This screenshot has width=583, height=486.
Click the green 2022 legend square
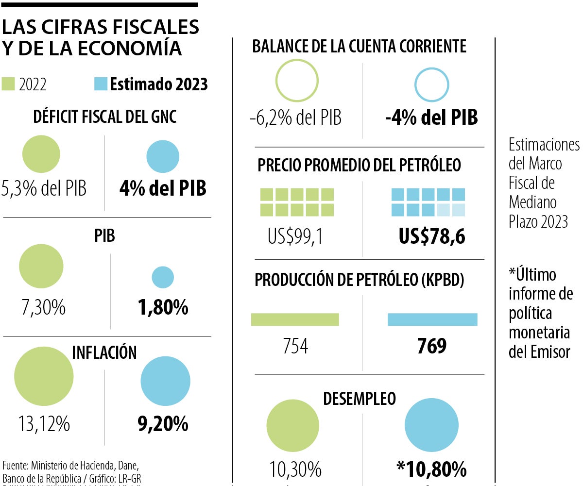coord(9,84)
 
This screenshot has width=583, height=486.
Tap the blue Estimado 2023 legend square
coord(100,84)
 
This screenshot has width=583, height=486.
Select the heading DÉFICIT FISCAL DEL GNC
coord(104,117)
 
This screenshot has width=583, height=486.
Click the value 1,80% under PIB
coord(163,307)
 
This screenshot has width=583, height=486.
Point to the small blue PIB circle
coord(163,277)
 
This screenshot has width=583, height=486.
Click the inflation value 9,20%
coord(163,425)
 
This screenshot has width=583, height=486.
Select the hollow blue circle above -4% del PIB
coord(431,84)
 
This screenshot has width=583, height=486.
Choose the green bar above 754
coord(295,319)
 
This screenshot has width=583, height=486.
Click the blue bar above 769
coord(432,319)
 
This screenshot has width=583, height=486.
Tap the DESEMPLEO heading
coord(360,399)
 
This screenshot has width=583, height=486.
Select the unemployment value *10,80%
coord(431,469)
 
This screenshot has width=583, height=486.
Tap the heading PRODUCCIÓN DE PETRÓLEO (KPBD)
coord(360,280)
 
